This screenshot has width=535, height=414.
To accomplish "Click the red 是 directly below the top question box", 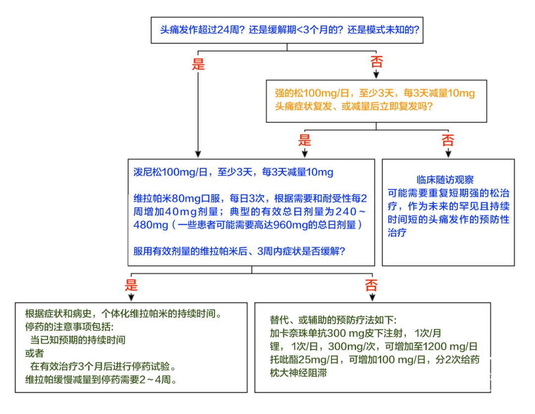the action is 198,64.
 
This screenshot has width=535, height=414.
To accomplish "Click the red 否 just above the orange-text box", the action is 376,62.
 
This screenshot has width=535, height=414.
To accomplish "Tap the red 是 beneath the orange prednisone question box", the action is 305,140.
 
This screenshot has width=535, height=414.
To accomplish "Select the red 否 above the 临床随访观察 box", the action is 448,140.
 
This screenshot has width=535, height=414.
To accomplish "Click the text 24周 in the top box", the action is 228,30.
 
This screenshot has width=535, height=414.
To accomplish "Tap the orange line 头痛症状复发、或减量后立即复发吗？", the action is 354,106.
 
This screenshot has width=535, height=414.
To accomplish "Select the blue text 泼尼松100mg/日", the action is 170,172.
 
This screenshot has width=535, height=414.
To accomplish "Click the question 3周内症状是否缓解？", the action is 301,252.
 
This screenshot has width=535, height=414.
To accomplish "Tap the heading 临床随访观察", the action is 445,180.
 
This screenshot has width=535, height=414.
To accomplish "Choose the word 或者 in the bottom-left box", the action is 35,353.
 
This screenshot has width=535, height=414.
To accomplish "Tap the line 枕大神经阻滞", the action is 298,373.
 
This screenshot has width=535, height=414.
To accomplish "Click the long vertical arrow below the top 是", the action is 198,114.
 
